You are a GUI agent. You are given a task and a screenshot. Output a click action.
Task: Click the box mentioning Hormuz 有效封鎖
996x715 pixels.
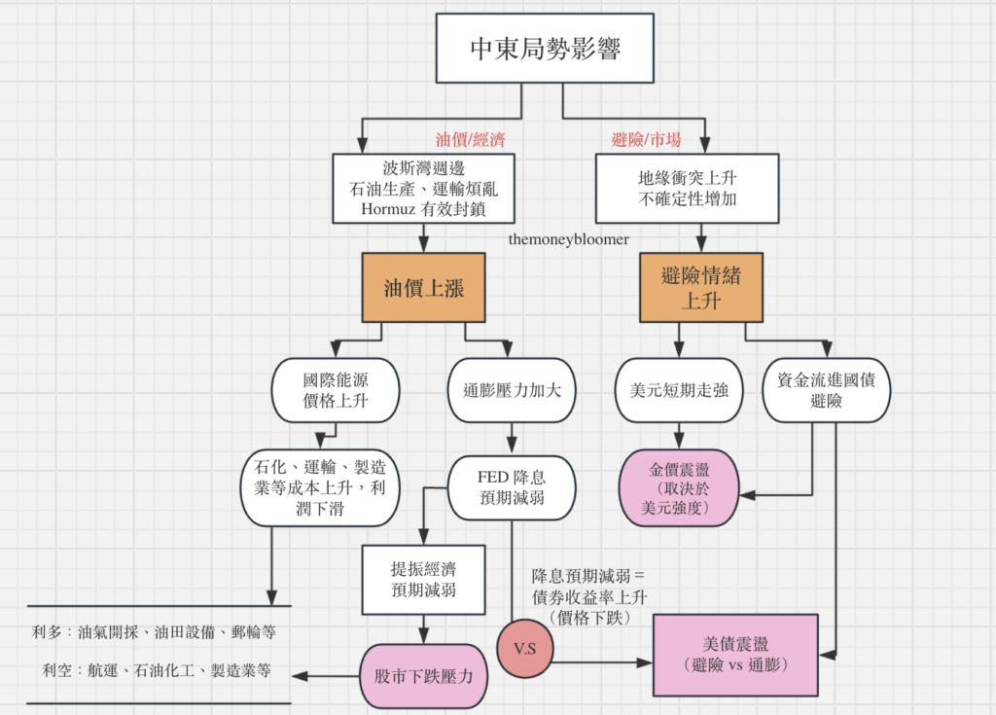[x=422, y=188]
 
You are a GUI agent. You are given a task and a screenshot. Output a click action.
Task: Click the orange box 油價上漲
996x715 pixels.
[x=422, y=288]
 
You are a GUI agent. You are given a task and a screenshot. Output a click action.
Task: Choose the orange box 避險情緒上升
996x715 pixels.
[x=700, y=288]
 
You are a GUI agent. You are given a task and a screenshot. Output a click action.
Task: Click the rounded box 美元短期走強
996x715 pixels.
[x=680, y=390]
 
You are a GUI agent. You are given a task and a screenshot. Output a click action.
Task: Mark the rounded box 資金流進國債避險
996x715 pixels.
[x=826, y=390]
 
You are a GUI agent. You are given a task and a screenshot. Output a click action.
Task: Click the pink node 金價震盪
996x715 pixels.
[x=680, y=487]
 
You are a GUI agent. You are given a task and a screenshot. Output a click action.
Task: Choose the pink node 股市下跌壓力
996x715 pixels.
[x=422, y=674]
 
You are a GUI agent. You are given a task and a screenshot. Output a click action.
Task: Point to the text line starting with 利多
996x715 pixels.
[x=154, y=632]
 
